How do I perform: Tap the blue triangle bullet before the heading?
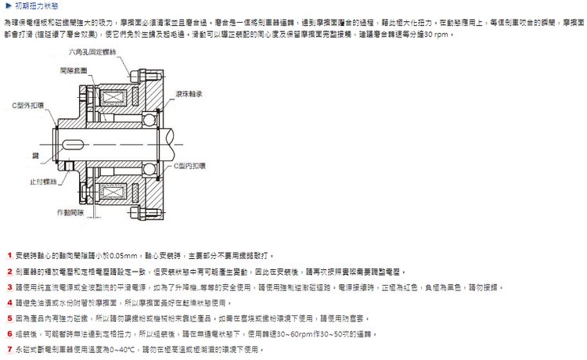click(x=8, y=6)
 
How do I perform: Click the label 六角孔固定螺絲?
click(x=92, y=52)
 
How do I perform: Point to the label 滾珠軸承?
click(x=189, y=93)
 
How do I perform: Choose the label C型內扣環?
click(x=192, y=166)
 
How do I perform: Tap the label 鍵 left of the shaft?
click(x=36, y=157)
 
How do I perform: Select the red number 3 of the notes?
click(x=8, y=287)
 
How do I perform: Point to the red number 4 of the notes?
click(x=8, y=303)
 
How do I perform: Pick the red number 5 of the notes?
click(x=8, y=319)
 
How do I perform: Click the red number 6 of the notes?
click(x=8, y=334)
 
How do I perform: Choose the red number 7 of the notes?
click(x=8, y=349)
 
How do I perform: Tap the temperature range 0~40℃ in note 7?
click(x=124, y=349)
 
